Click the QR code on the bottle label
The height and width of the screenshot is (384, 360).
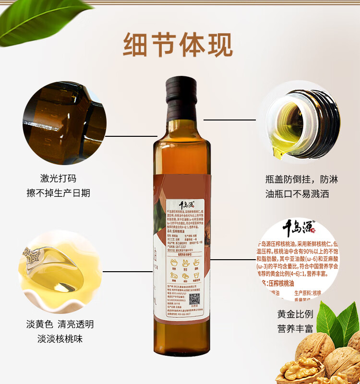point(193,299)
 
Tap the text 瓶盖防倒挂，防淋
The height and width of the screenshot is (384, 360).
point(301,180)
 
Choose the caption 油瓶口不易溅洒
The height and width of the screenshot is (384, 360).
point(301,194)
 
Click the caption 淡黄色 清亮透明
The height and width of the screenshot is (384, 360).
point(60,324)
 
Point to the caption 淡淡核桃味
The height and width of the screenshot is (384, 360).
point(60,339)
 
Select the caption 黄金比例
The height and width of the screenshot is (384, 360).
point(295,314)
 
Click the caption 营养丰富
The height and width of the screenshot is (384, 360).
point(295,329)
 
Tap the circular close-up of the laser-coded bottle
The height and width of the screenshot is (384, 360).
point(64,123)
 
